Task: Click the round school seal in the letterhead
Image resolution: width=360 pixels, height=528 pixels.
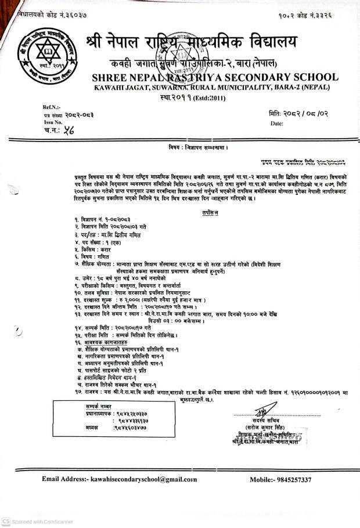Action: [x=49, y=56]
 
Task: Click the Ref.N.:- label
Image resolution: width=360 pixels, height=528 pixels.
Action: [x=52, y=107]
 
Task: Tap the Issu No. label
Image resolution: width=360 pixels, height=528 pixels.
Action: [x=53, y=123]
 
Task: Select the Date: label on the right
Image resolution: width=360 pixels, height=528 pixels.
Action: [x=277, y=124]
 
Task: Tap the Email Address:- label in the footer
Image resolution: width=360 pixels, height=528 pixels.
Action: [x=66, y=479]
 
